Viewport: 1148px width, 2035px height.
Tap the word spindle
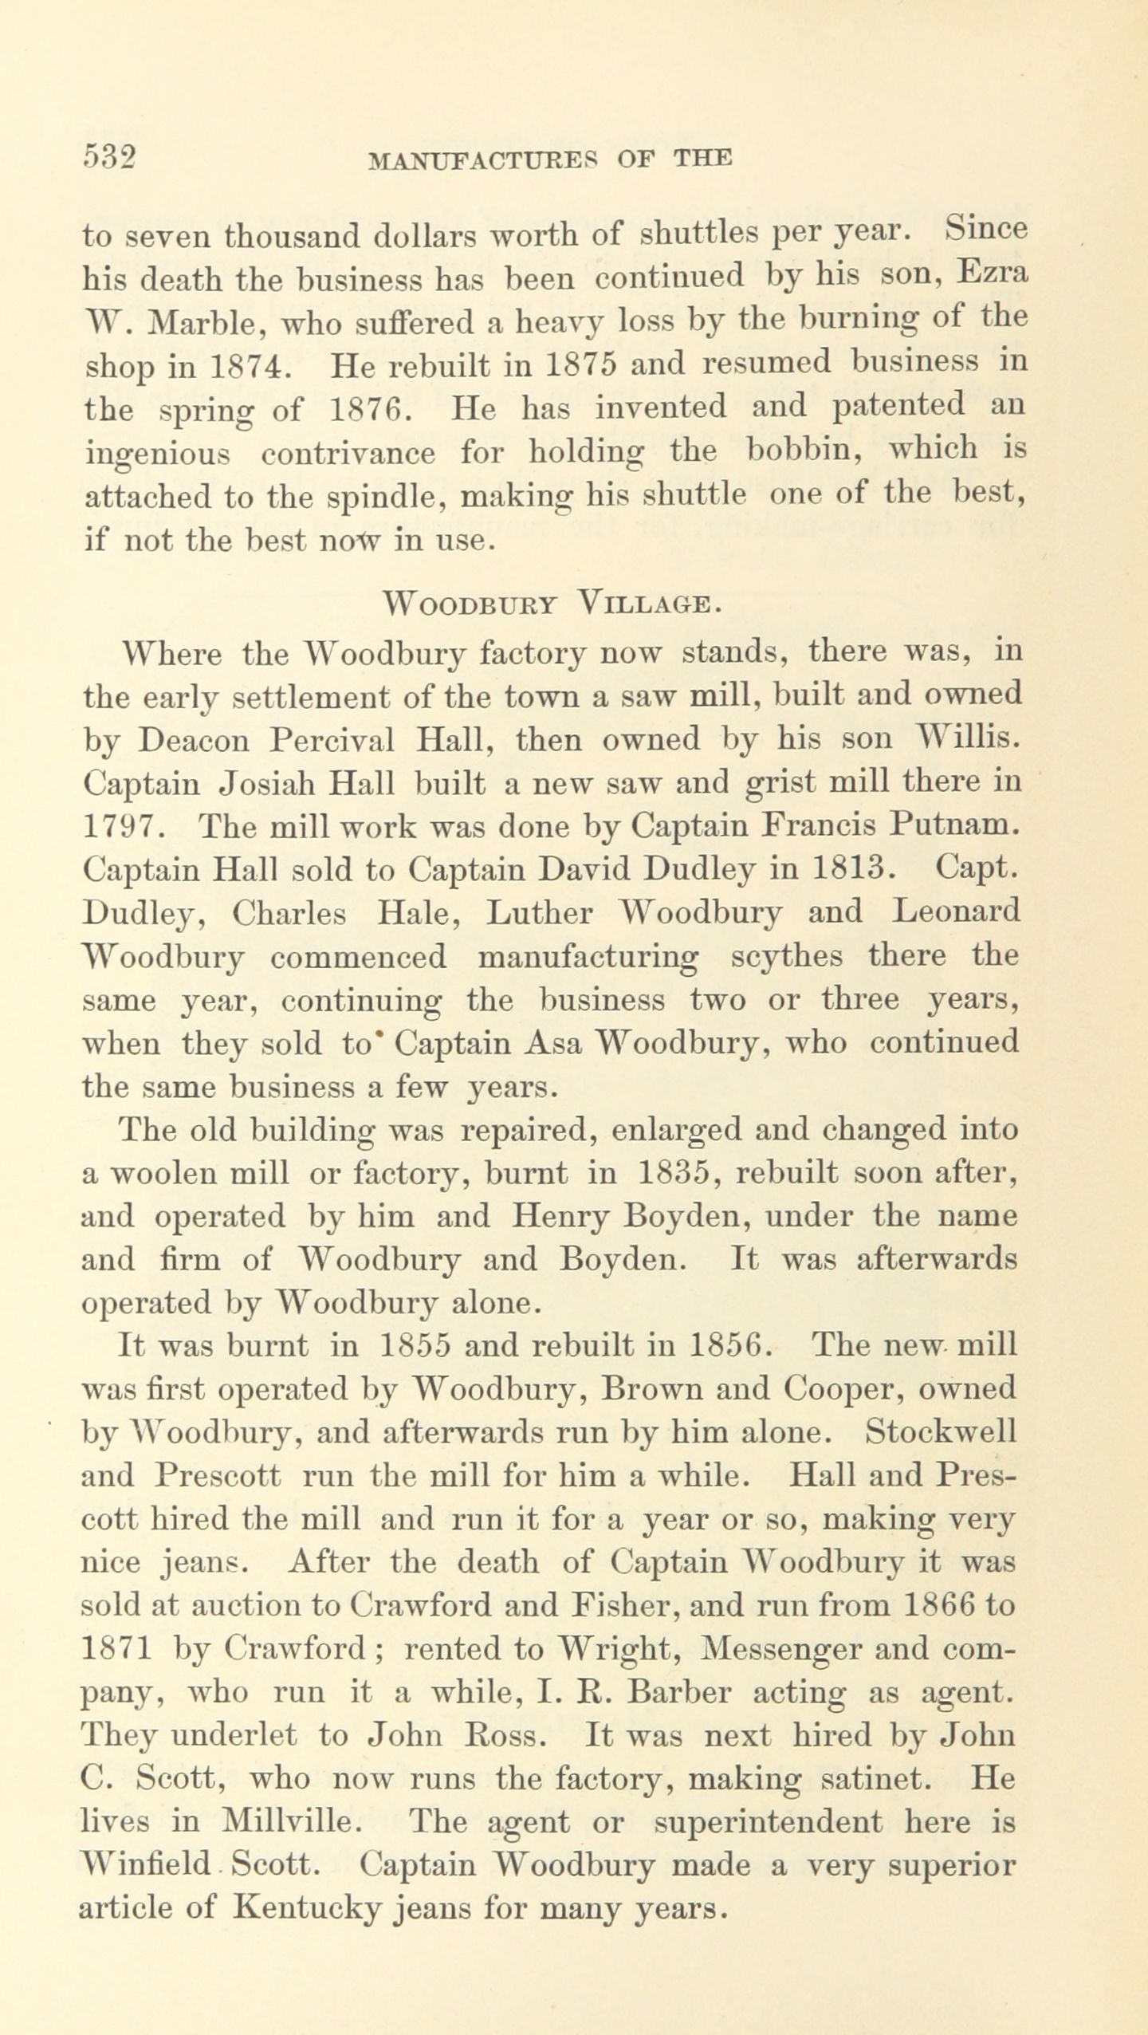(x=386, y=496)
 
